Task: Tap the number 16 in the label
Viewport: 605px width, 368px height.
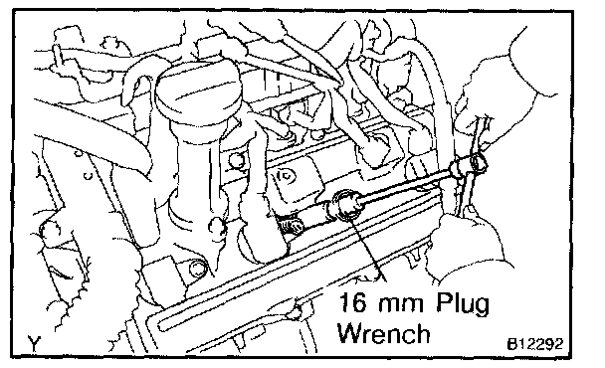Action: tap(352, 302)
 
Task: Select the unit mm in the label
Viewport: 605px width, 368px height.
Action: tap(401, 304)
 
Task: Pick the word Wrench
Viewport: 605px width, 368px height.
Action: tap(383, 333)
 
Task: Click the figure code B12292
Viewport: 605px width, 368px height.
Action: tap(534, 344)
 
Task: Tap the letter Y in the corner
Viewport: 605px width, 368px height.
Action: tap(35, 343)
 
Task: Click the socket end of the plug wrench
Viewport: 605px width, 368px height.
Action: tap(344, 204)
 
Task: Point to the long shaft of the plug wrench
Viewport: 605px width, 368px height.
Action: tap(405, 185)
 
